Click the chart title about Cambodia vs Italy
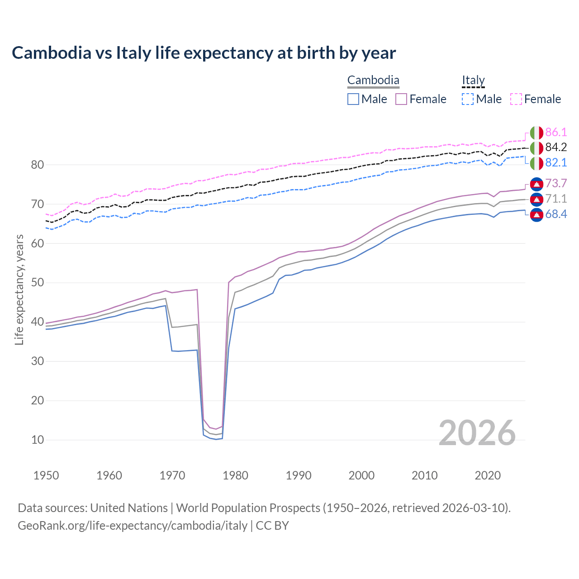click(204, 53)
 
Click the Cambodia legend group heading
click(373, 81)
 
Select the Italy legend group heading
click(473, 81)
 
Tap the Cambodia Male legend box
click(353, 99)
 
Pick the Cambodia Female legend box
click(402, 99)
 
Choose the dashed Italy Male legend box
click(468, 99)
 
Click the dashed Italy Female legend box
click(516, 99)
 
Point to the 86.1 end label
click(556, 133)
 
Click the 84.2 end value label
click(556, 147)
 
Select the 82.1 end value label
click(556, 163)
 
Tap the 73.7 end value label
click(556, 183)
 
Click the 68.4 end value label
click(556, 214)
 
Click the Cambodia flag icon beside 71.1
click(536, 199)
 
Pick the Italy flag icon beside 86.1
click(536, 133)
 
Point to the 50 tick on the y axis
click(38, 283)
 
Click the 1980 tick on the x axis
click(236, 475)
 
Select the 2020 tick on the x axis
click(488, 475)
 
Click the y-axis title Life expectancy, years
click(19, 289)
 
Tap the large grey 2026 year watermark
click(477, 433)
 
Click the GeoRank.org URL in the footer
click(133, 526)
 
